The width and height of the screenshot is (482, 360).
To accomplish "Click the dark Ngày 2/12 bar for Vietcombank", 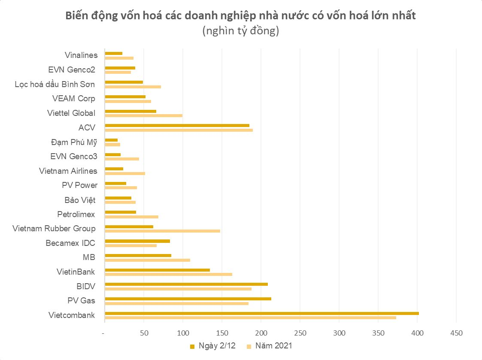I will point(262,313).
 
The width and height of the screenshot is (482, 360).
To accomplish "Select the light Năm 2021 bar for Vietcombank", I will point(250,318).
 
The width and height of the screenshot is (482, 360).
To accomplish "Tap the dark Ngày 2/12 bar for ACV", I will point(177,125).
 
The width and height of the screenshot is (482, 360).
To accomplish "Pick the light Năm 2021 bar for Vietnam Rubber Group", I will point(163,231).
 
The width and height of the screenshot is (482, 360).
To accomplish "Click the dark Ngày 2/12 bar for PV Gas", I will point(188,299).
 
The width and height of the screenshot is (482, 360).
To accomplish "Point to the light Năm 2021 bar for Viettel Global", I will point(144,115).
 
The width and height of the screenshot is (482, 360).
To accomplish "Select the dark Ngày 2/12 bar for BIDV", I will point(186,284).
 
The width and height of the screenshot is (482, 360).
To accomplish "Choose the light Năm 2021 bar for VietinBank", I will point(169,274).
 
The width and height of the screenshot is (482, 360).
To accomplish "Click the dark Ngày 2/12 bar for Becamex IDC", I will point(137,241).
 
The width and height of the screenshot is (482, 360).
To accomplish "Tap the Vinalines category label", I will point(81,55).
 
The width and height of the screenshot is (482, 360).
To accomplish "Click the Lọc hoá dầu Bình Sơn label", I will point(55,84).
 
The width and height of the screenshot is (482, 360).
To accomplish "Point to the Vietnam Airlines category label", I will point(68,171).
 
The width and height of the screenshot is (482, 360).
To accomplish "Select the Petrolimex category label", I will point(76,214).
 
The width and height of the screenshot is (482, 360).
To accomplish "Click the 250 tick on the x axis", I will point(300,333).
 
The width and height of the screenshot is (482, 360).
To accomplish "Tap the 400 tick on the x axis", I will point(417,333).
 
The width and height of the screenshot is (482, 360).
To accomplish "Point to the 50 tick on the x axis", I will point(144,333).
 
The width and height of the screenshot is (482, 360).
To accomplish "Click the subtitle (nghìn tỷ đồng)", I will point(240,31).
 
